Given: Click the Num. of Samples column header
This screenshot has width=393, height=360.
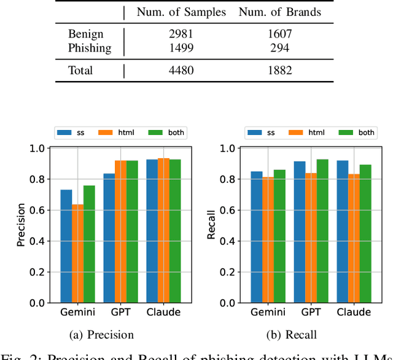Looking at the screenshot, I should [181, 12].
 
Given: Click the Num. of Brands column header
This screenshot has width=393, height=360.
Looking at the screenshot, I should [279, 12].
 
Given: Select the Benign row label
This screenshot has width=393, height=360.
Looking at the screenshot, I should [87, 34].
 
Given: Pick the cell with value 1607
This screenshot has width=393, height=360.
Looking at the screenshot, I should [279, 34].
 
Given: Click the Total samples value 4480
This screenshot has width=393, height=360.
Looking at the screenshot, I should [181, 71].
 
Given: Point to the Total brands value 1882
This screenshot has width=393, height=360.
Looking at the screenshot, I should [279, 71].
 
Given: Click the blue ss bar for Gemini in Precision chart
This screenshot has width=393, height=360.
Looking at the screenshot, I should [66, 246].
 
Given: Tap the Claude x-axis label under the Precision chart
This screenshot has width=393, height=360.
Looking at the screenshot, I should [163, 312].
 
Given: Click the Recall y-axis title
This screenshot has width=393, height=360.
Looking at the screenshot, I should [211, 226].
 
